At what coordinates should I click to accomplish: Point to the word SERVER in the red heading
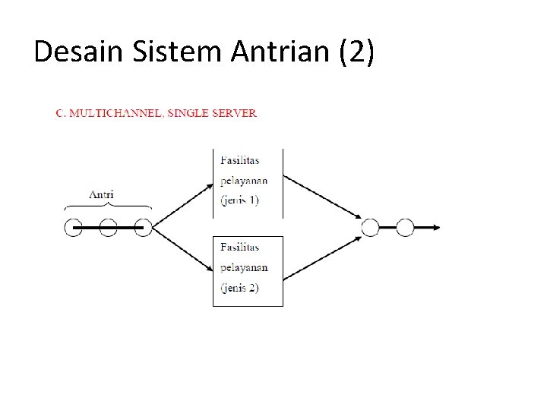coord(233,114)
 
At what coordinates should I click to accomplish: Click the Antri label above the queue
coord(102,194)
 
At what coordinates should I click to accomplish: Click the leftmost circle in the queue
coord(73,226)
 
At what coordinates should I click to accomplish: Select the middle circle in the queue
coord(108,226)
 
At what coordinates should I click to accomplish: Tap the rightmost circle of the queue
coord(143,226)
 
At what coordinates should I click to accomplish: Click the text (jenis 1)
coord(239,200)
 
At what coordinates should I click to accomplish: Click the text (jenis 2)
coord(239,288)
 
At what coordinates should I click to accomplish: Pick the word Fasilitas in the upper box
coord(239,159)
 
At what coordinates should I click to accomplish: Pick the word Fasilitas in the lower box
coord(239,247)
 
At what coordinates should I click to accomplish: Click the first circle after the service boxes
coord(370,226)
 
